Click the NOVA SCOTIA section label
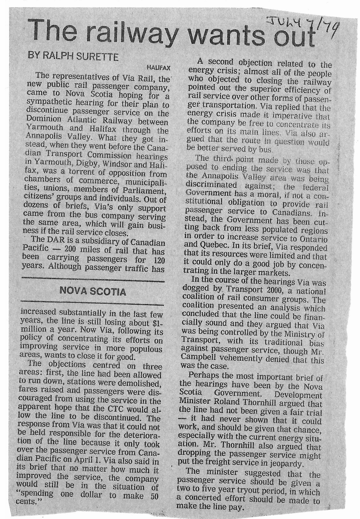click(x=92, y=292)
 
